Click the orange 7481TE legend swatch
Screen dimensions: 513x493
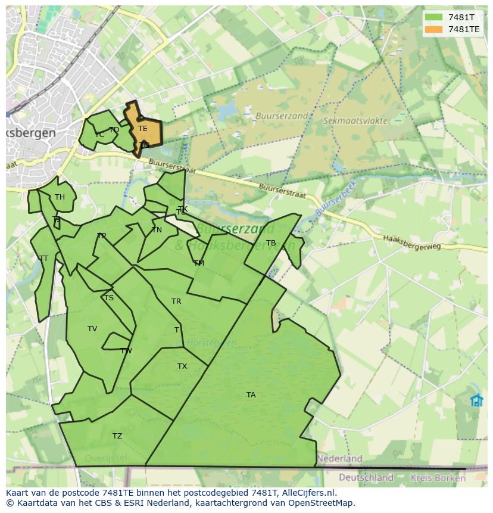point(433,29)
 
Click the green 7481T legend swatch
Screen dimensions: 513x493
point(433,17)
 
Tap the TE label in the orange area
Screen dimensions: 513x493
point(143,129)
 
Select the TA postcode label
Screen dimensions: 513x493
point(251,395)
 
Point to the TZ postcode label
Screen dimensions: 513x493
point(117,436)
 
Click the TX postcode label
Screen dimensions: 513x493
point(182,366)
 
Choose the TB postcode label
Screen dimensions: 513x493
point(271,243)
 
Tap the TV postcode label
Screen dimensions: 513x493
point(92,329)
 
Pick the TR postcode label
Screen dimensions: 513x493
point(176,301)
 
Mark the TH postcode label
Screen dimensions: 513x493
point(60,197)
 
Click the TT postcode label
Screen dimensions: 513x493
point(43,259)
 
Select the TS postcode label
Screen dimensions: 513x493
point(108,298)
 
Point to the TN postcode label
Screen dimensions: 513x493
point(157,230)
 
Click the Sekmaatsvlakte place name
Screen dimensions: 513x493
point(355,120)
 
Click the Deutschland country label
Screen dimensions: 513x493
point(366,477)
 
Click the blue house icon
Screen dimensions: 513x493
point(476,400)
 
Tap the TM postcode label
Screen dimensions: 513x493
point(199,263)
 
